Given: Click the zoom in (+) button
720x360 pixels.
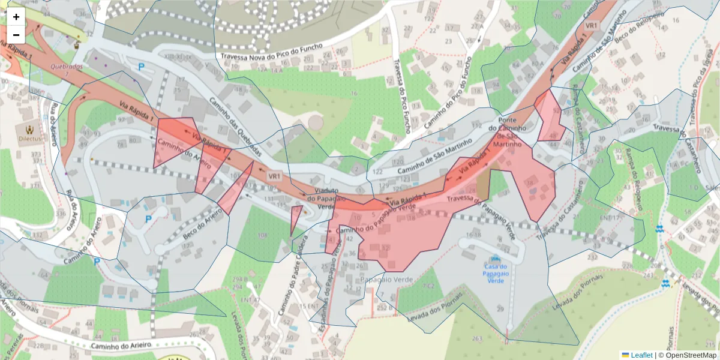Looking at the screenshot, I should pyautogui.click(x=16, y=17).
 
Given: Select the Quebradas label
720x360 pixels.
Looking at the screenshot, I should pyautogui.click(x=65, y=67).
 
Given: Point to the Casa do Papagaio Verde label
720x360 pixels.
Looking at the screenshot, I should pyautogui.click(x=496, y=274).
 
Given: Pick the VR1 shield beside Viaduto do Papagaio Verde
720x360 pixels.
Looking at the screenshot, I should pyautogui.click(x=274, y=176).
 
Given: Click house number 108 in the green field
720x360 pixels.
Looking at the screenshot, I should pyautogui.click(x=262, y=235).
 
